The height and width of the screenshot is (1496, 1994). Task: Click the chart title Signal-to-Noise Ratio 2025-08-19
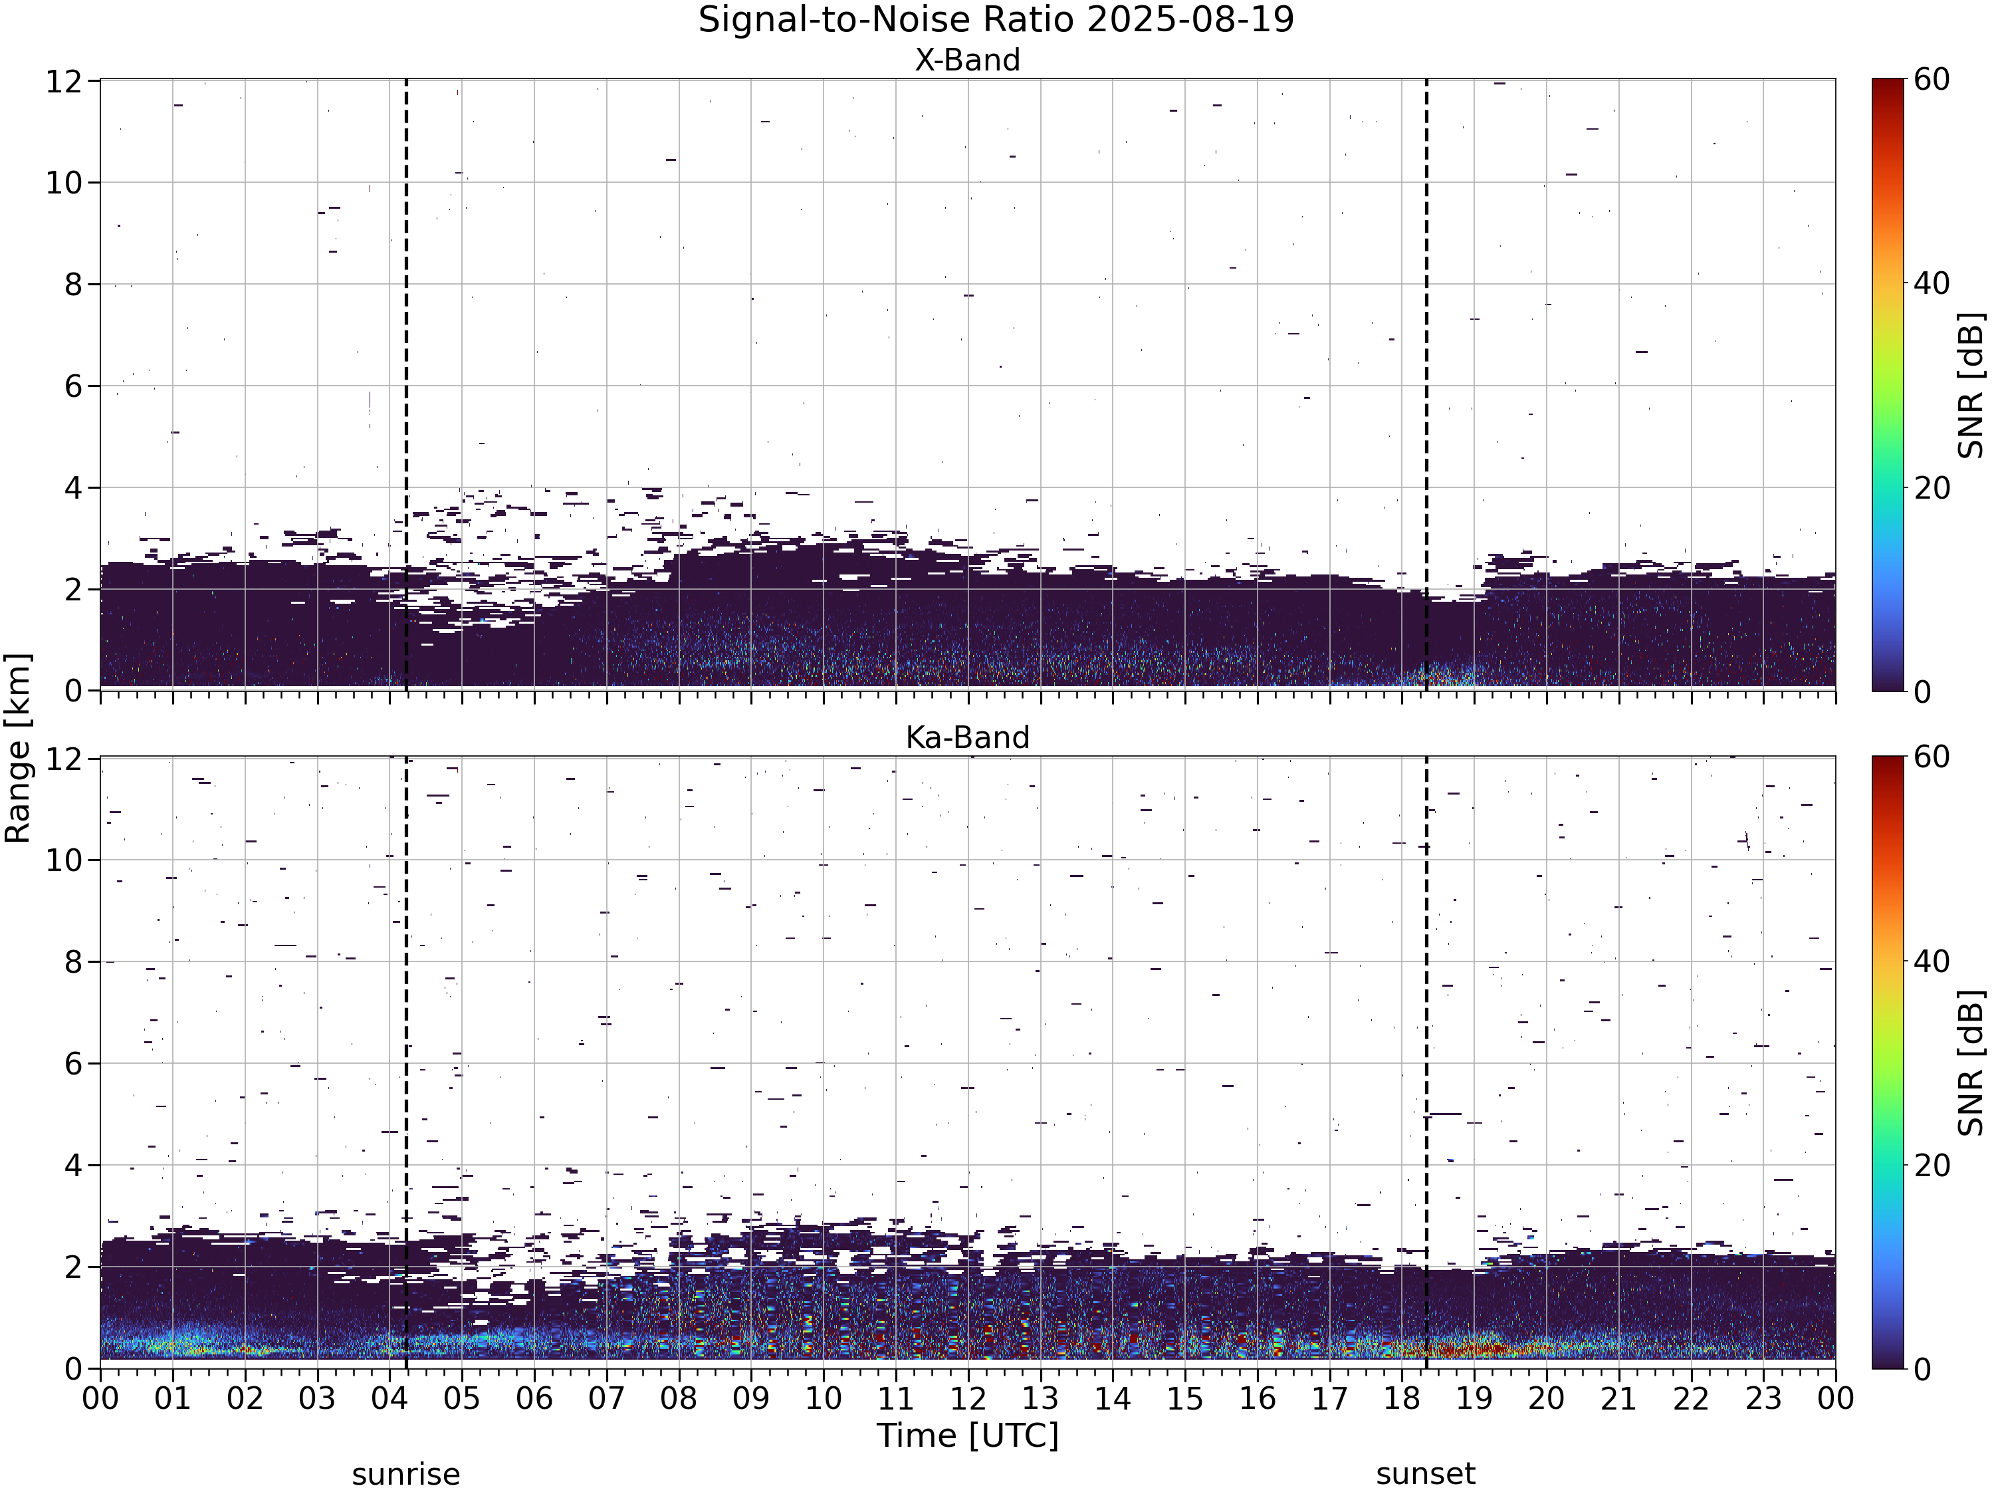tap(996, 20)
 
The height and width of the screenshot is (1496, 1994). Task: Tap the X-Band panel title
tap(967, 60)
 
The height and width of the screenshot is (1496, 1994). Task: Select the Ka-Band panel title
tap(967, 737)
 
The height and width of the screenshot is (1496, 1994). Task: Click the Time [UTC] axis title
tap(967, 1435)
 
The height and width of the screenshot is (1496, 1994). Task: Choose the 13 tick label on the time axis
tap(1040, 1399)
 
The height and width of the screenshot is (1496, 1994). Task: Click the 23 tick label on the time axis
tap(1763, 1399)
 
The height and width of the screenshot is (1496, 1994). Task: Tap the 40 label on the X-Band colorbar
tap(1930, 284)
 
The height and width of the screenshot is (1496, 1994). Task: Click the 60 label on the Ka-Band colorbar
tap(1930, 757)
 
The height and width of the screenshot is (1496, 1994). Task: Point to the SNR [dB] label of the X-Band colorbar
tap(1972, 385)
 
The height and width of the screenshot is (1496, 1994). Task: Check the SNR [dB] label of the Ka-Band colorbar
tap(1972, 1063)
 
